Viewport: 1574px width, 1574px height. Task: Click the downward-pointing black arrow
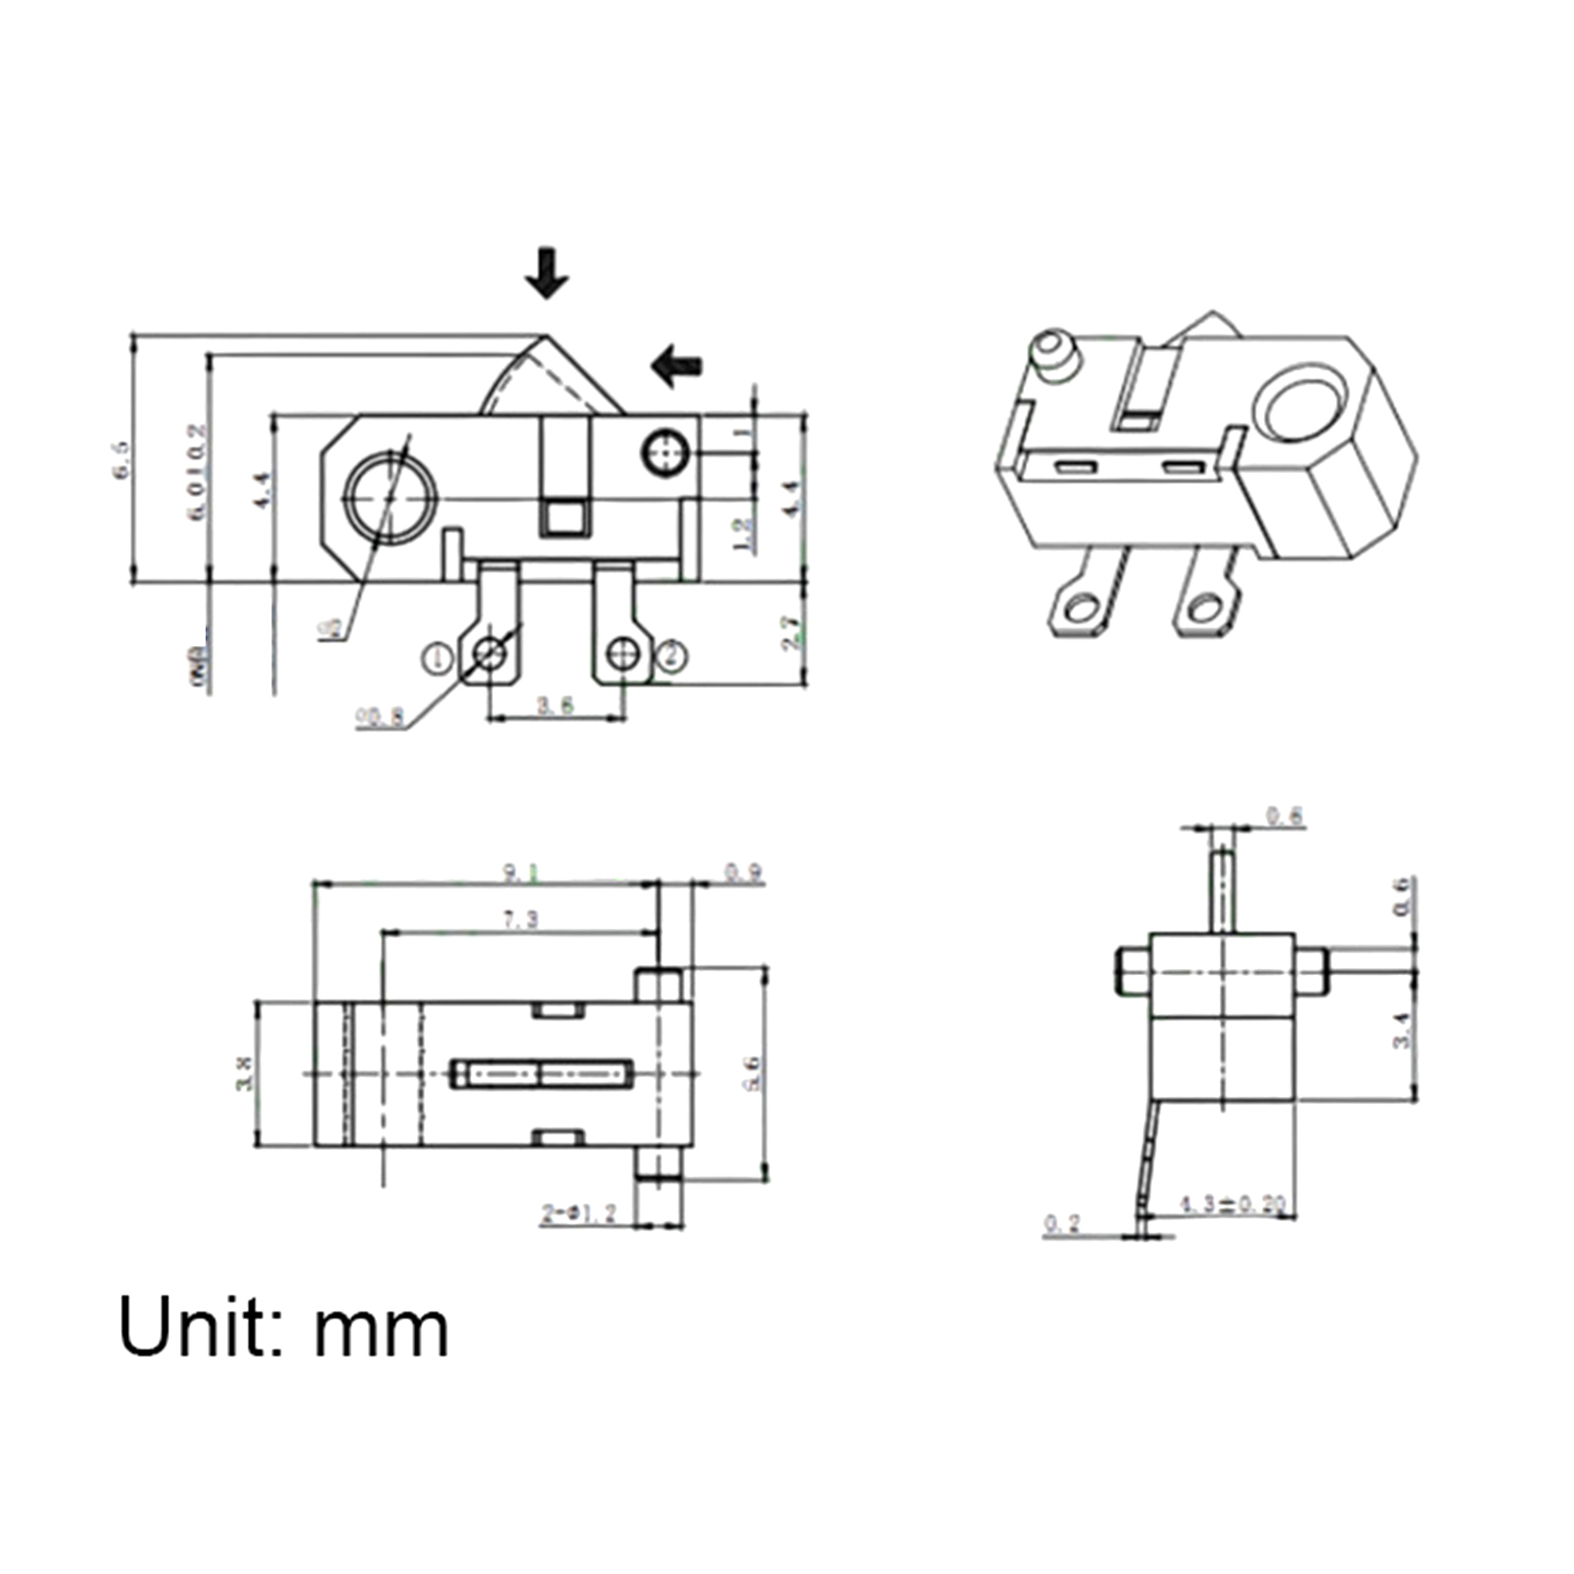point(546,272)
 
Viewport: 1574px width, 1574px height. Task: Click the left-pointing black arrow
point(677,365)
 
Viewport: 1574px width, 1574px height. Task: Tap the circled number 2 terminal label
point(671,655)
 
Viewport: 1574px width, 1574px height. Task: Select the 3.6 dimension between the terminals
point(555,705)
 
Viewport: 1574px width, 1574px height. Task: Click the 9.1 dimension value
point(521,872)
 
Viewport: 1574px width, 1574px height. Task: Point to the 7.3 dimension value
point(520,920)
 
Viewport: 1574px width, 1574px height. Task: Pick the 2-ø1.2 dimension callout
point(578,1214)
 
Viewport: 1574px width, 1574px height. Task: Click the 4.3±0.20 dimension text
point(1233,1204)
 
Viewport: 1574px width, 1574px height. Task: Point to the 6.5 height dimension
point(121,459)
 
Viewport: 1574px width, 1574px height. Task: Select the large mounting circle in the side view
point(390,498)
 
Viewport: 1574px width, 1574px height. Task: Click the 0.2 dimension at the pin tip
point(1062,1224)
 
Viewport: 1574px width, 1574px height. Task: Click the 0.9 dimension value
point(744,873)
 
